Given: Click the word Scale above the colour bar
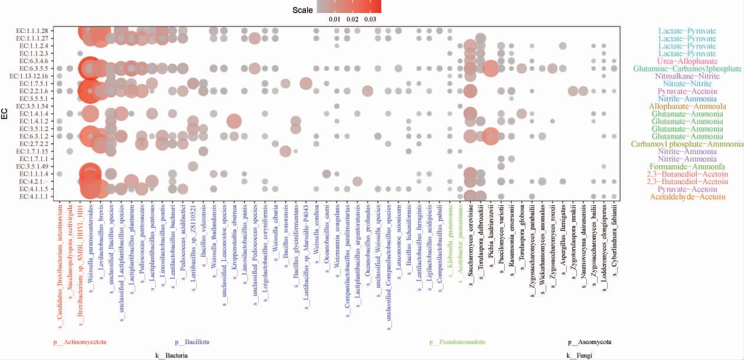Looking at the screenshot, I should [x=302, y=10].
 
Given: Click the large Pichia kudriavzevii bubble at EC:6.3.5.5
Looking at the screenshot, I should [x=490, y=68].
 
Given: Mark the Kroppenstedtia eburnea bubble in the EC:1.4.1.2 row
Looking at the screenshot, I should [x=234, y=121].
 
